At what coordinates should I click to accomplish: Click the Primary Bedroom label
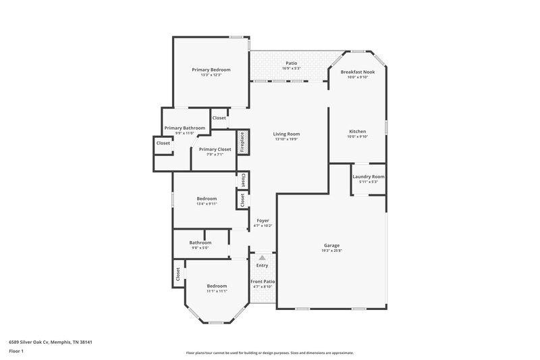[x=211, y=70]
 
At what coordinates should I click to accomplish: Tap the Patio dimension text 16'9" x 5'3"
[x=291, y=68]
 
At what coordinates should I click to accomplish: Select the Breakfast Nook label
[x=357, y=72]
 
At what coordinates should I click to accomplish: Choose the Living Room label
[x=286, y=134]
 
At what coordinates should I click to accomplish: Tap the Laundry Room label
[x=369, y=176]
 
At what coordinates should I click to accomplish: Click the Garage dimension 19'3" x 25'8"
[x=331, y=251]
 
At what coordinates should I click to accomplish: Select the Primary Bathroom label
[x=184, y=128]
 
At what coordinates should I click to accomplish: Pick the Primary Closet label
[x=215, y=149]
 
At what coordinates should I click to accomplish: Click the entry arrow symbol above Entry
[x=262, y=257]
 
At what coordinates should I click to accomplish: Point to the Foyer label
[x=262, y=221]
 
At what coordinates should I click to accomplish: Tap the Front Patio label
[x=262, y=281]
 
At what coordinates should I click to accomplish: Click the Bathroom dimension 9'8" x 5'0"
[x=200, y=248]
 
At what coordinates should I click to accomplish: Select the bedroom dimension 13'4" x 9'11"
[x=207, y=203]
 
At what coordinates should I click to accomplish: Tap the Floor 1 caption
[x=16, y=351]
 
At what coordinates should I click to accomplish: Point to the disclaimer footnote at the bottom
[x=269, y=353]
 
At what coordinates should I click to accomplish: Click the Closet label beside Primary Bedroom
[x=219, y=118]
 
